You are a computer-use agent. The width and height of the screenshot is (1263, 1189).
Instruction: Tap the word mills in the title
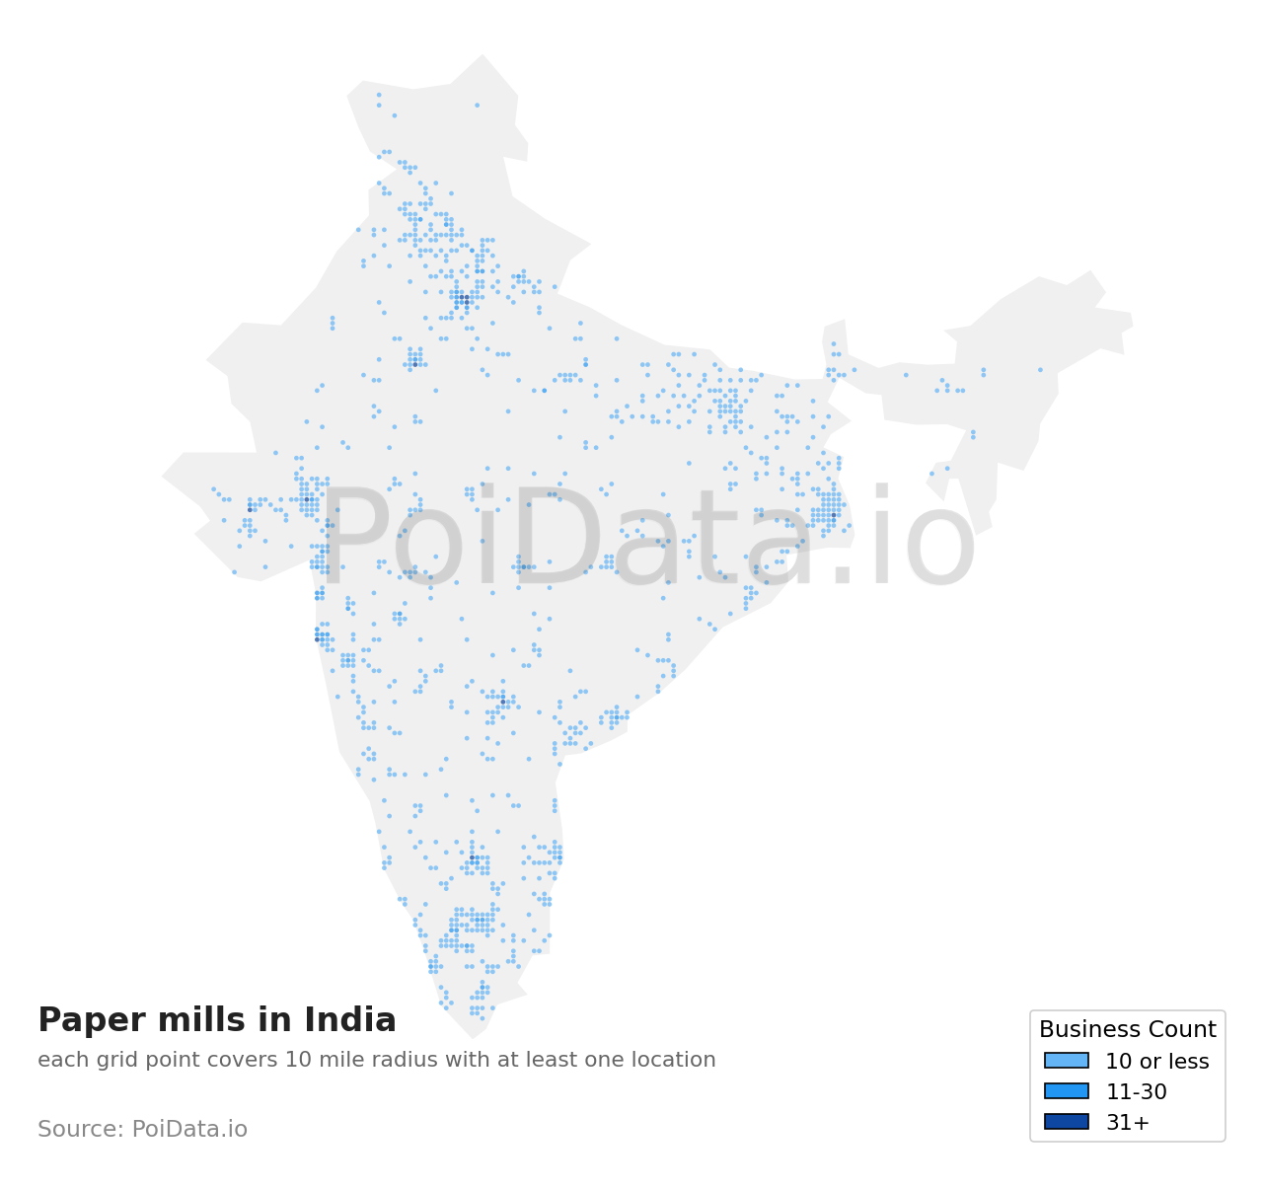(183, 1020)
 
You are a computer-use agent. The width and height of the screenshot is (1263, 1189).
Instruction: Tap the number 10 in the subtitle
(297, 1061)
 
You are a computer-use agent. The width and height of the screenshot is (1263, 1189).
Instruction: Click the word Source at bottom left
(79, 1130)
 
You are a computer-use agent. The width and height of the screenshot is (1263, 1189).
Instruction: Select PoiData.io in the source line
(189, 1130)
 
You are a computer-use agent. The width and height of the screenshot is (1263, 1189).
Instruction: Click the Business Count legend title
(1127, 1030)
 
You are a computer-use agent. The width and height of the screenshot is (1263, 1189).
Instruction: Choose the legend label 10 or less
(1156, 1062)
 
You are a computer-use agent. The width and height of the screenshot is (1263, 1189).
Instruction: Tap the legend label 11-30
(1136, 1092)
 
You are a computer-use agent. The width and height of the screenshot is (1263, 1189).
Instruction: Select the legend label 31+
(1127, 1123)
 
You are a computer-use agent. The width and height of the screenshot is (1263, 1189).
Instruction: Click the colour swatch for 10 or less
(1066, 1061)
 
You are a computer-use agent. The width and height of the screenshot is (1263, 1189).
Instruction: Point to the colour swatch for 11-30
(1066, 1091)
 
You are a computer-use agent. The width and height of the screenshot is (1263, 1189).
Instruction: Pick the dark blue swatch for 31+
(1066, 1122)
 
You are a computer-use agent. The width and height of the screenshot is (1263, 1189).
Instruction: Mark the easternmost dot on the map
(1040, 370)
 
